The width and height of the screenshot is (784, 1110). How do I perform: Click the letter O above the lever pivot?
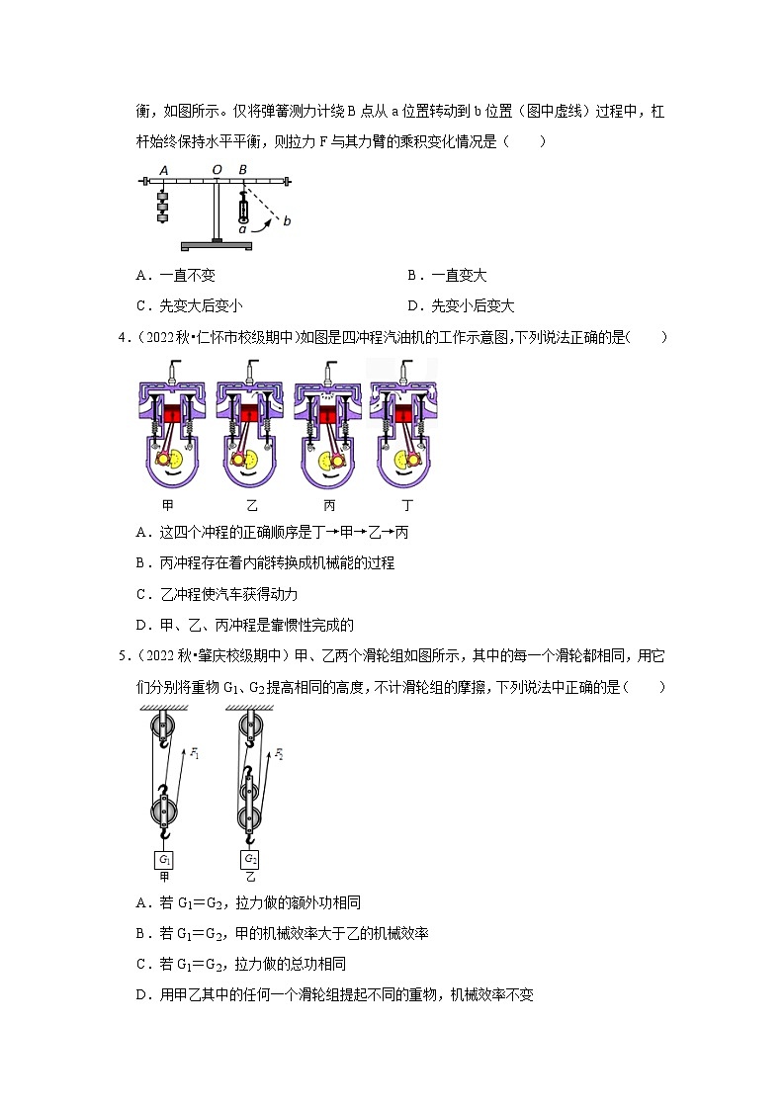pyautogui.click(x=217, y=169)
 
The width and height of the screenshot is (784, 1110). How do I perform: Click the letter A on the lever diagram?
pyautogui.click(x=163, y=169)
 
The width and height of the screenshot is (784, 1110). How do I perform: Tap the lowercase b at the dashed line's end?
pyautogui.click(x=287, y=221)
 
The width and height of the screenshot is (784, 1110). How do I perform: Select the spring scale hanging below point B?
pyautogui.click(x=243, y=209)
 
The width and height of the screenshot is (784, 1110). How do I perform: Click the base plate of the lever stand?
pyautogui.click(x=217, y=245)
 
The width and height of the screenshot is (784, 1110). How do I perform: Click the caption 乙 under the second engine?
pyautogui.click(x=251, y=504)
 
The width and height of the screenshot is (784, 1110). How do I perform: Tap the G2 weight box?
pyautogui.click(x=251, y=859)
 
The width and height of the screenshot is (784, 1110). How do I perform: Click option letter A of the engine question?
pyautogui.click(x=142, y=533)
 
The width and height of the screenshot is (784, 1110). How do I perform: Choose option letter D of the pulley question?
pyautogui.click(x=142, y=995)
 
